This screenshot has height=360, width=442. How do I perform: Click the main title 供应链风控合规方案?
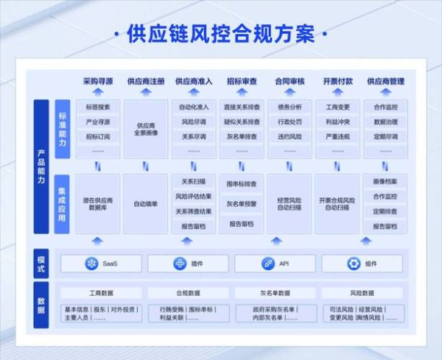pos(220,35)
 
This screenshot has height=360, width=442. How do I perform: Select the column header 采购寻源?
pos(98,81)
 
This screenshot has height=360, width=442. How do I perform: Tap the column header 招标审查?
pos(242,81)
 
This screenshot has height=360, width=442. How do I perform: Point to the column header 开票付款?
pos(337,81)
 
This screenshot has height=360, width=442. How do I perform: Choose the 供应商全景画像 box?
pos(146,129)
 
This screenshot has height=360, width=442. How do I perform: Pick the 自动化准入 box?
pos(194,107)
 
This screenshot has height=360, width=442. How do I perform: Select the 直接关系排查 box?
pos(242,107)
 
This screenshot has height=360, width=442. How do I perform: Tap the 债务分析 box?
pos(290,107)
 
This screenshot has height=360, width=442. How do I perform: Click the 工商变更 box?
pos(337,107)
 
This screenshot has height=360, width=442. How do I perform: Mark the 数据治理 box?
pos(385,122)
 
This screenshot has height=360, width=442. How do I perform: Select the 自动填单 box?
pos(146,203)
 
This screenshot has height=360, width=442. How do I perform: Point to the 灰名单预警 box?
pos(242,204)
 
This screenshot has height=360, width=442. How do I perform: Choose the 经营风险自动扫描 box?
pos(290,203)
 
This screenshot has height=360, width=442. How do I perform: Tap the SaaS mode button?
pos(102,264)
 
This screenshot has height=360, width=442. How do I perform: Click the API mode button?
pos(276,264)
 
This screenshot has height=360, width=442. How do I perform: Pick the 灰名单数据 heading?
pos(276,293)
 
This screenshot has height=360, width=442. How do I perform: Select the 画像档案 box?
pos(385,182)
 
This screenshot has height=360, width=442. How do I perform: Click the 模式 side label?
pos(41,262)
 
